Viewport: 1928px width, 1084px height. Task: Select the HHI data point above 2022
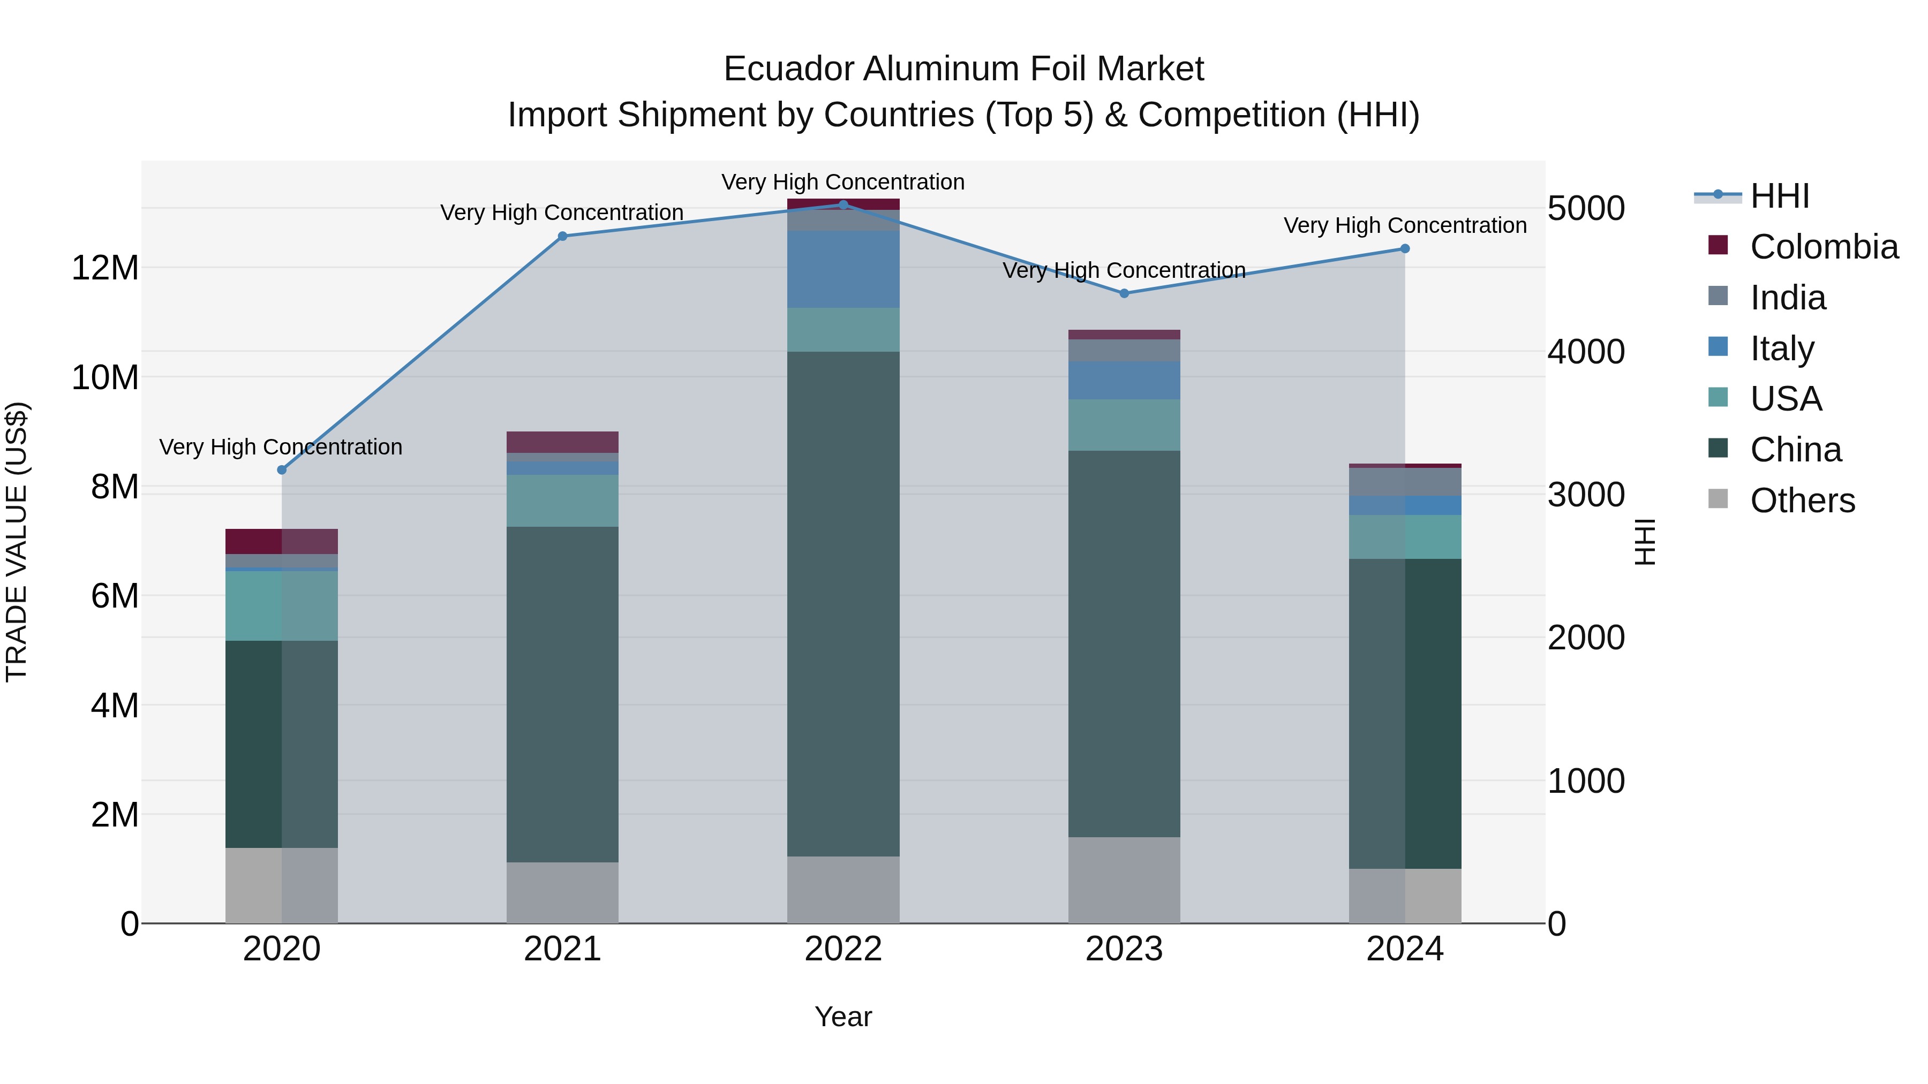coord(843,204)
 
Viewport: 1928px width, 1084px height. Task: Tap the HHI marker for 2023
coord(1124,293)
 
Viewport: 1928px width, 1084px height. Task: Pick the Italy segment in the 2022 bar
coord(843,269)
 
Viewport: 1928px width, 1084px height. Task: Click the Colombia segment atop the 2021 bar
coord(563,442)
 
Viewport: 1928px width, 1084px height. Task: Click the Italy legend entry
coord(1781,348)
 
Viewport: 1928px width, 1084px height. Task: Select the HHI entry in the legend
coord(1779,196)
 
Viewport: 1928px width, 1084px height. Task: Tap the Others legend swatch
coord(1719,499)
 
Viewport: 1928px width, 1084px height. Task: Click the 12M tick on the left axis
coord(105,268)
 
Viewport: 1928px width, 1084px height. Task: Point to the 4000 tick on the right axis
coord(1586,352)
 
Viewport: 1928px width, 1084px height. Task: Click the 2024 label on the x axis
coord(1405,949)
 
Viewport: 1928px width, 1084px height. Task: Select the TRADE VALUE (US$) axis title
coord(17,542)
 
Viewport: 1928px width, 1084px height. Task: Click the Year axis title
coord(843,1017)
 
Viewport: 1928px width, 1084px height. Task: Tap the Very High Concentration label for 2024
coord(1405,225)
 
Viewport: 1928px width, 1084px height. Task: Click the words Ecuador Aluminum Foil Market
coord(963,69)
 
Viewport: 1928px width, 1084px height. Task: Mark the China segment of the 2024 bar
coord(1405,713)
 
